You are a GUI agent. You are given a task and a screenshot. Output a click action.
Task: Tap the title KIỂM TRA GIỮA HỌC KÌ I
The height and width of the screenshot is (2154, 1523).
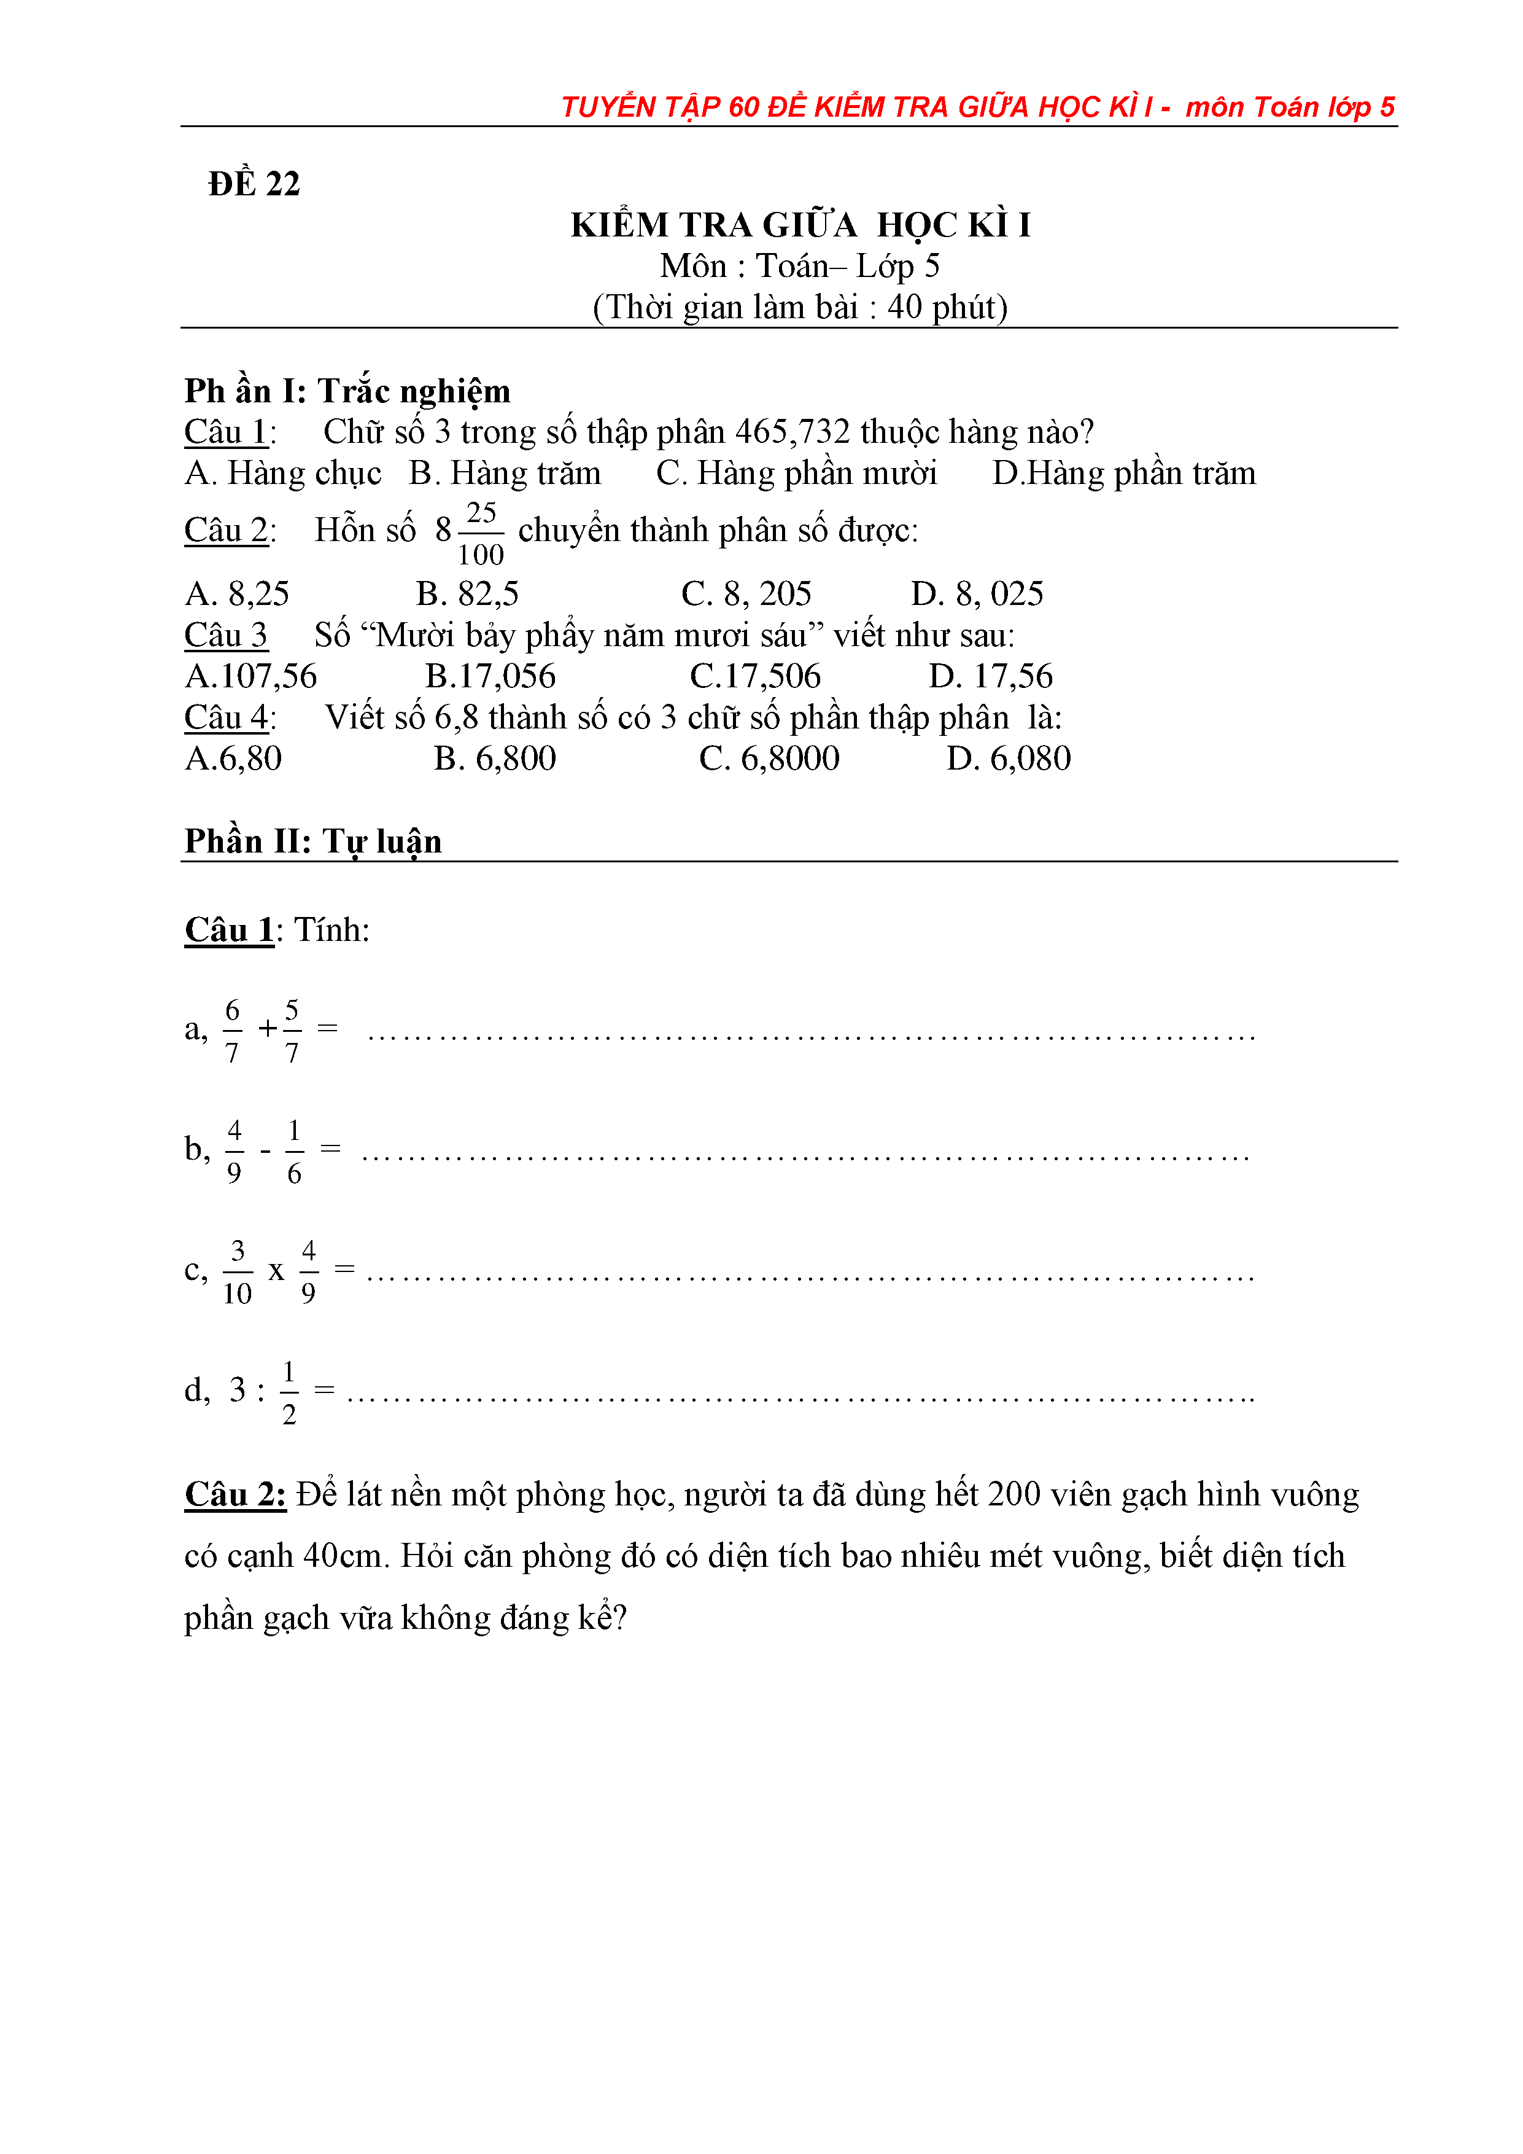pos(800,225)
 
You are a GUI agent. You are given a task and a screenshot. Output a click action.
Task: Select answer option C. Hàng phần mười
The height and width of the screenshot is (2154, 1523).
pos(796,473)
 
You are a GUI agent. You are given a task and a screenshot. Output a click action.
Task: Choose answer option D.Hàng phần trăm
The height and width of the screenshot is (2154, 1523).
pos(1123,473)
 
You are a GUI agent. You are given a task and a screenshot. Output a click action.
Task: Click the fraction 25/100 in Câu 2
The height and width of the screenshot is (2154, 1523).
pos(481,534)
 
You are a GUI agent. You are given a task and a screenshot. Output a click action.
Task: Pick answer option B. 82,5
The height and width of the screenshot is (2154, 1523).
pos(467,594)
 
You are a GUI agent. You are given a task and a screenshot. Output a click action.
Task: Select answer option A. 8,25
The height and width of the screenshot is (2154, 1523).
pos(238,594)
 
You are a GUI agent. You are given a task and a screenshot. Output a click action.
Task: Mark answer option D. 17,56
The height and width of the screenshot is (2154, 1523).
pos(990,676)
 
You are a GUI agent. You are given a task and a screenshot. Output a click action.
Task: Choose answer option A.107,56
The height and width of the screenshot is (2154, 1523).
pos(251,676)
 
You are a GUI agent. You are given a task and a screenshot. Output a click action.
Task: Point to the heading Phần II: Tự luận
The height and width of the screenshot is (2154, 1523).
pos(312,841)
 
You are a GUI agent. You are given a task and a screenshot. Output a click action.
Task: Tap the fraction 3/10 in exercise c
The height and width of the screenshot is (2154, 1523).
pos(238,1271)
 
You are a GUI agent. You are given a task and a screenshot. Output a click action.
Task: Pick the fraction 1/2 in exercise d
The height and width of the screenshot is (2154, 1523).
pos(289,1392)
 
